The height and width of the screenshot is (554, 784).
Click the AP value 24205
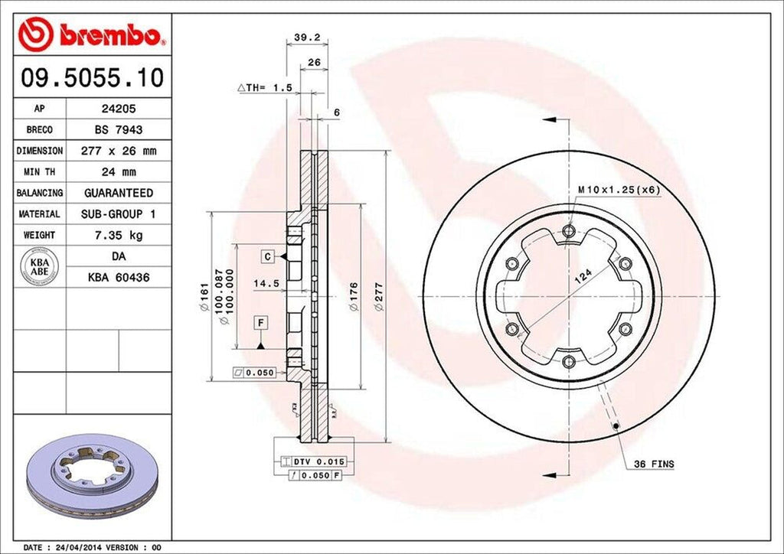click(118, 109)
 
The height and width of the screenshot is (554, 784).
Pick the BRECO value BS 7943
click(118, 130)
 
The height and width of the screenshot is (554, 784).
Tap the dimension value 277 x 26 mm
click(118, 152)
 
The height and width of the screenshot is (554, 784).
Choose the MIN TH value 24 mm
click(118, 172)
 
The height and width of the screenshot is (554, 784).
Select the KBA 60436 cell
click(118, 277)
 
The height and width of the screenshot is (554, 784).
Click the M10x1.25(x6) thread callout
click(619, 190)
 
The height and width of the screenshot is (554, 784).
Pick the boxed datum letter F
click(261, 323)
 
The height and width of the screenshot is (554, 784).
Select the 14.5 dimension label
click(265, 282)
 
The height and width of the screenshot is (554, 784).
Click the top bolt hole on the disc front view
click(567, 232)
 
